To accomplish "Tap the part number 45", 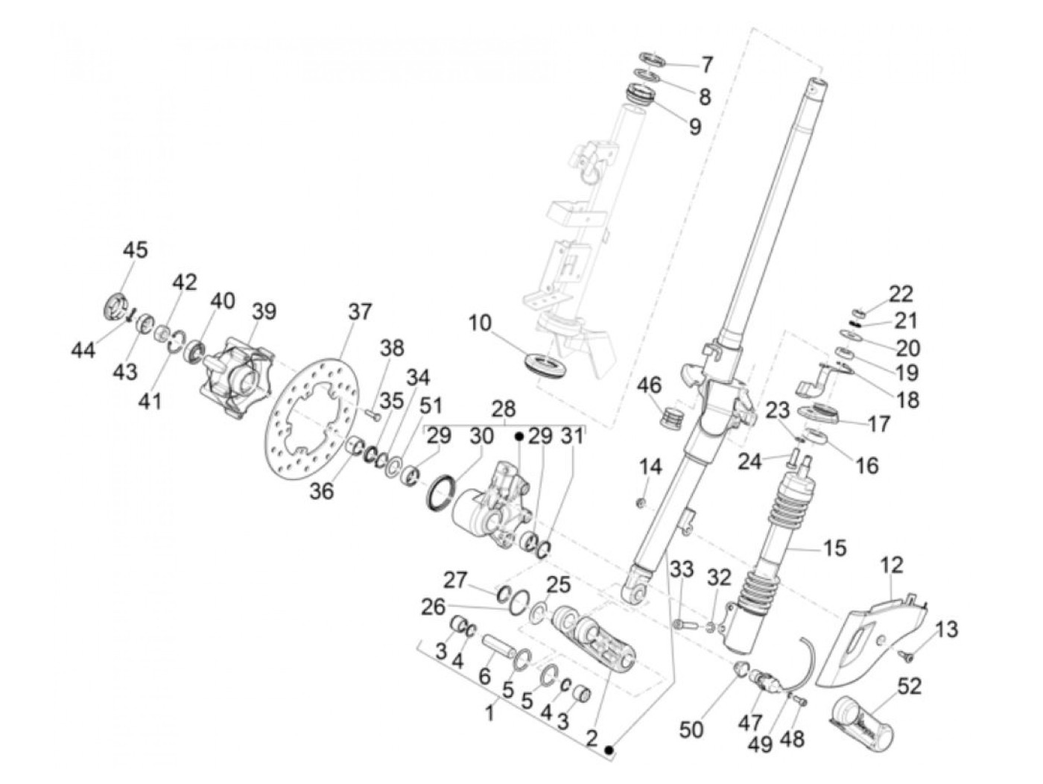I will tap(136, 250).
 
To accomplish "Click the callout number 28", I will tap(504, 409).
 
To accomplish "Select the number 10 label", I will tap(481, 323).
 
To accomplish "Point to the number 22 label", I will tap(900, 294).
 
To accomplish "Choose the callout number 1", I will tap(489, 713).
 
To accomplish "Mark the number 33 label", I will tap(681, 571).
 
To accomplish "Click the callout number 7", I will tap(705, 64).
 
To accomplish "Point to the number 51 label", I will tap(430, 406).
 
